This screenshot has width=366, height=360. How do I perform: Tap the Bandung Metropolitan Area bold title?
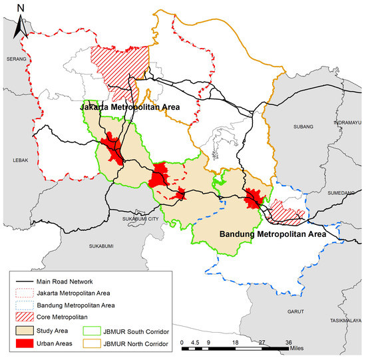point(272,234)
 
